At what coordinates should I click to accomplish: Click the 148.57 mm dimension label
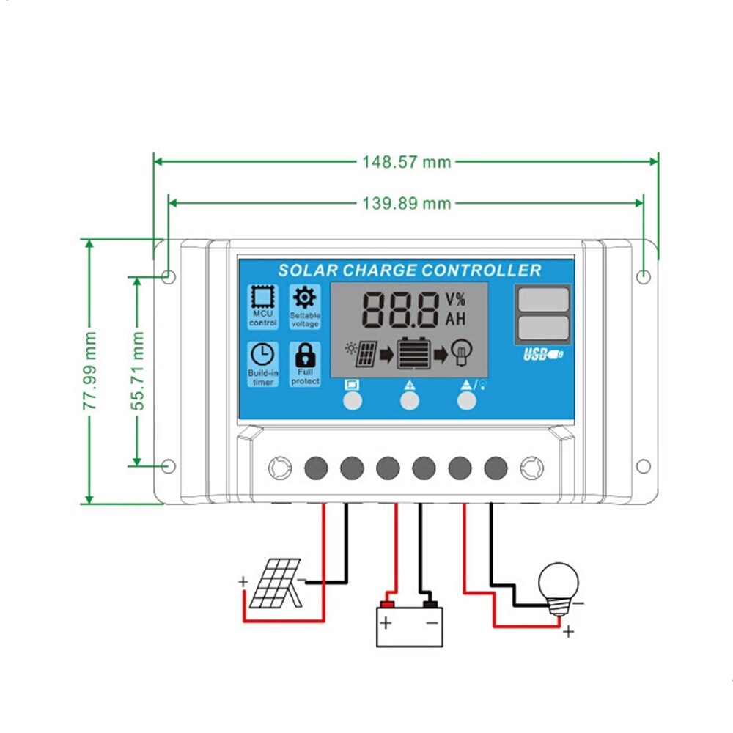click(407, 161)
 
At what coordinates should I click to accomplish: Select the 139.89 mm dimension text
click(407, 203)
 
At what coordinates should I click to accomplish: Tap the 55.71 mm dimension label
click(138, 370)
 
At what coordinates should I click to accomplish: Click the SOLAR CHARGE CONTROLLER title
click(409, 270)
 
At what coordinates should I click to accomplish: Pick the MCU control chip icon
click(262, 297)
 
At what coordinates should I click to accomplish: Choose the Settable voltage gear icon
click(303, 297)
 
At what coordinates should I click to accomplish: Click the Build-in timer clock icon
click(262, 355)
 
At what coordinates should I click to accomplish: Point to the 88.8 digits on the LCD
click(400, 309)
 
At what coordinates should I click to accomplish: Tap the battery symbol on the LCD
click(415, 354)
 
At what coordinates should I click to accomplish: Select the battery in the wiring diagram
click(409, 625)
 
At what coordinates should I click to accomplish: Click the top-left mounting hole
click(168, 276)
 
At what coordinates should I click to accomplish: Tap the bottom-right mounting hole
click(643, 466)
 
